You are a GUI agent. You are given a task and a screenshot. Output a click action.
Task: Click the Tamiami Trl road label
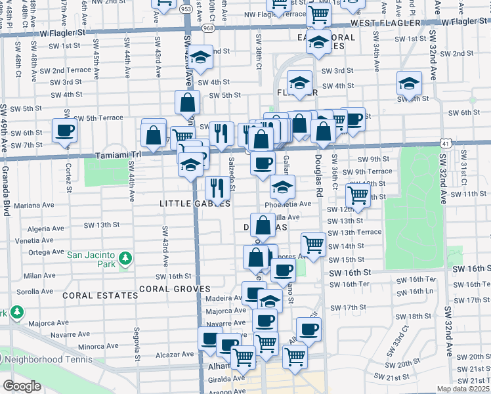coord(118,154)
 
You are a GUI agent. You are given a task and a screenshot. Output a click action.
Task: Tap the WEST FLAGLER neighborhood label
coord(385,23)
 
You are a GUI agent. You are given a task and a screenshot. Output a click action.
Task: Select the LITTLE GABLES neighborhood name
coord(195,204)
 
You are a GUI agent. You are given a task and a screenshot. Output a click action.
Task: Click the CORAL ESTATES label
coord(100,295)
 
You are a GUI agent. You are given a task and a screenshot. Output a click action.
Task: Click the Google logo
coord(22,386)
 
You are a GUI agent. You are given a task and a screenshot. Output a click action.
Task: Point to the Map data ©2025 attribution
coord(462,389)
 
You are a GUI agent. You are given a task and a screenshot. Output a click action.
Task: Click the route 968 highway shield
coord(208,28)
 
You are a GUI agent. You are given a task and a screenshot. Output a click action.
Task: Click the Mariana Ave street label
coord(33,205)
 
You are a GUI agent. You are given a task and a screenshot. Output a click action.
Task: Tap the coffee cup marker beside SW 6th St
coord(64,130)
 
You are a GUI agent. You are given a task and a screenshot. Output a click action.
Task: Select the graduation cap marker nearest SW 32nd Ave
coord(409,83)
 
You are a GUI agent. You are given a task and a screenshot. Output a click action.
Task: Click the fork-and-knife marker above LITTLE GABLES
coord(217,188)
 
